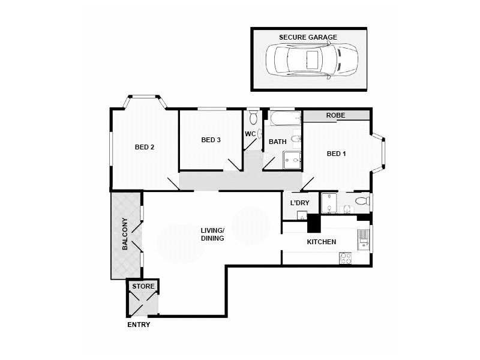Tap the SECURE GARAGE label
(308, 37)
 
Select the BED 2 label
(145, 147)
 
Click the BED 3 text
(211, 140)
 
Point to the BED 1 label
(336, 154)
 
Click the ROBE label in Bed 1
(335, 115)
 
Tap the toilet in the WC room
(253, 116)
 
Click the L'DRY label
(299, 203)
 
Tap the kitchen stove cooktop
(346, 258)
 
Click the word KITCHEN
(321, 242)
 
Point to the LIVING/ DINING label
(212, 234)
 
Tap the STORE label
(143, 287)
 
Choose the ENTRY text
(139, 325)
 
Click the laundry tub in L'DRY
(302, 216)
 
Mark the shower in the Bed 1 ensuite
(329, 203)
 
